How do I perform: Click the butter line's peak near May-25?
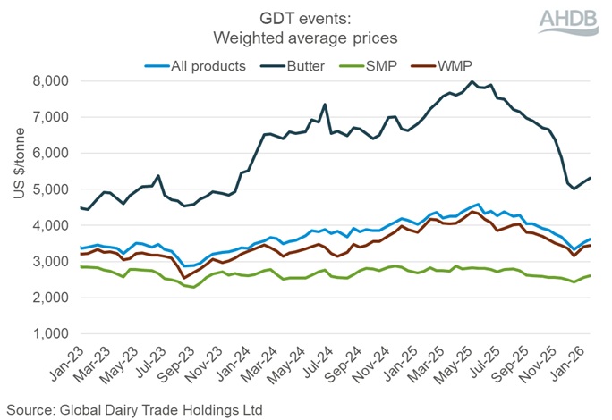[472, 82]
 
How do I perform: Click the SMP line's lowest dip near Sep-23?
[194, 287]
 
